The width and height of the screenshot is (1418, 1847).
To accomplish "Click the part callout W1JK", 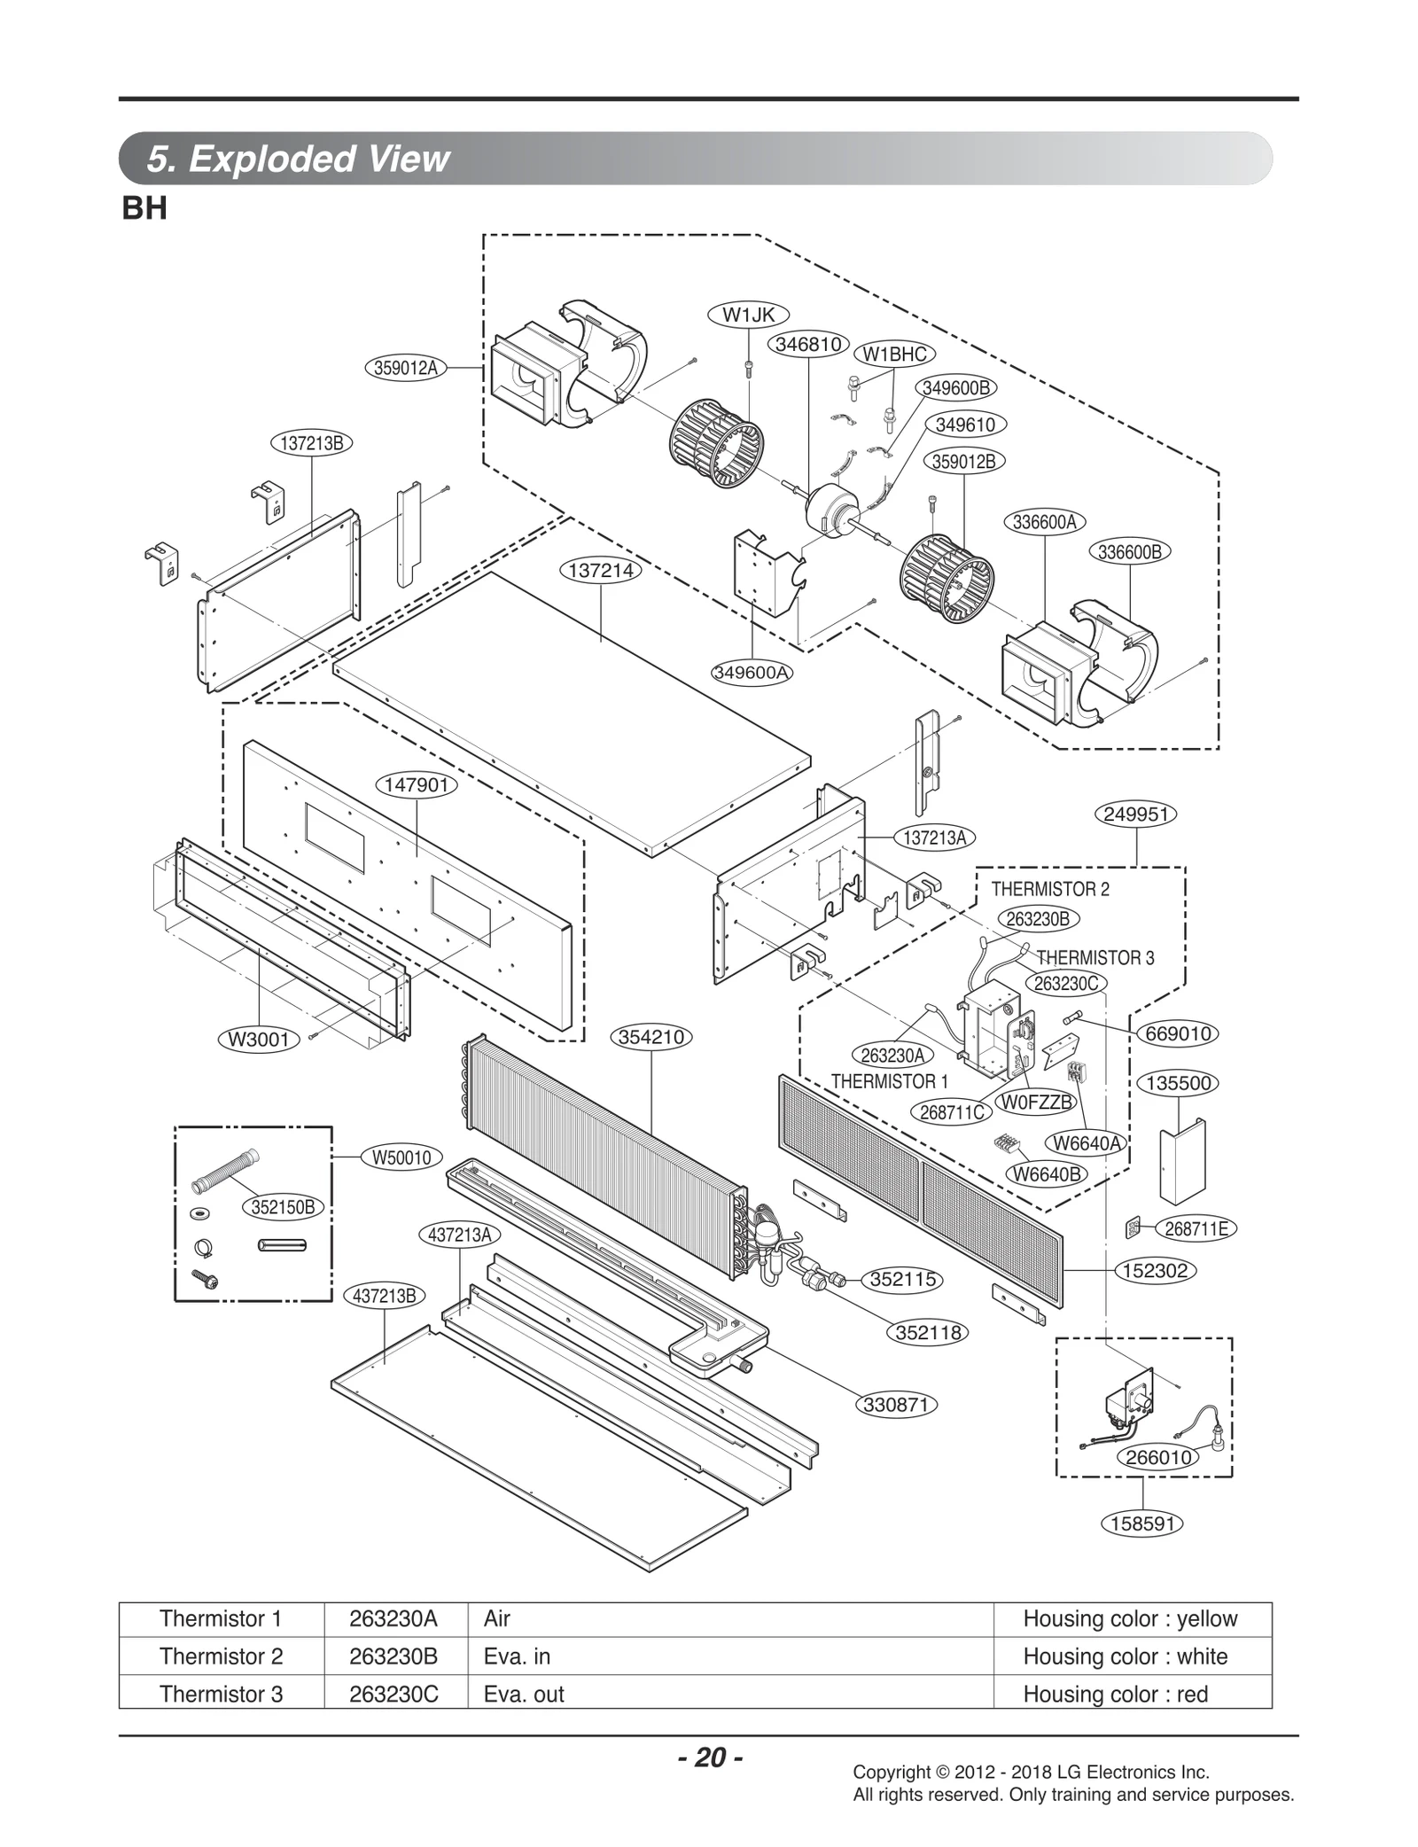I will (x=748, y=315).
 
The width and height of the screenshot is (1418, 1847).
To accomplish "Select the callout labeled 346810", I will (x=808, y=344).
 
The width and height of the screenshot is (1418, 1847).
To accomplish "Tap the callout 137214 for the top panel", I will (x=601, y=571).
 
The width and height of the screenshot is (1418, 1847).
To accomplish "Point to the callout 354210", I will (x=651, y=1037).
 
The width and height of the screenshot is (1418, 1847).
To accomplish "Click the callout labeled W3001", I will (x=259, y=1040).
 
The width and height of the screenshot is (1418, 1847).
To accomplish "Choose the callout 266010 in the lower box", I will (x=1158, y=1457).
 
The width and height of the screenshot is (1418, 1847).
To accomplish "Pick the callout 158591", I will (x=1142, y=1524).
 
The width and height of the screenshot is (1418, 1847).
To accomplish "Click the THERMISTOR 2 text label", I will (x=1049, y=889).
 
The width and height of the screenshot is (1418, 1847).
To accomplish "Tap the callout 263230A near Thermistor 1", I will (x=892, y=1055).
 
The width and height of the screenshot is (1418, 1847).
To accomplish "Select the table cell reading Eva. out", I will (x=524, y=1694).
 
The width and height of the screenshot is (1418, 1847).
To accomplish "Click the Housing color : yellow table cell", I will (x=1129, y=1618).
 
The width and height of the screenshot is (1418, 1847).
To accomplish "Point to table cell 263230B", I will (x=393, y=1656).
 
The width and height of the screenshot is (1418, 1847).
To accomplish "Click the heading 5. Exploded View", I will (x=298, y=159).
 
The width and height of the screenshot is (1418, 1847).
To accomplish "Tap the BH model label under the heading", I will (x=144, y=209).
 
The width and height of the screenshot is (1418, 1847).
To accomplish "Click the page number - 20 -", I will (x=710, y=1757).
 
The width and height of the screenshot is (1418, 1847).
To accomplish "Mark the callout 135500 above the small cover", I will (x=1178, y=1083).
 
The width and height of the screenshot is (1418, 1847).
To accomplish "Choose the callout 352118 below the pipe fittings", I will (x=928, y=1332).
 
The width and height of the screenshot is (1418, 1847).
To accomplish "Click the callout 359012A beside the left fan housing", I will (x=405, y=368).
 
